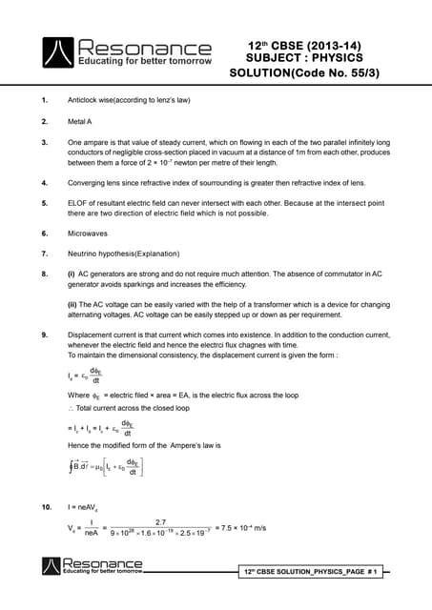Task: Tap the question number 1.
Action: [x=45, y=100]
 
